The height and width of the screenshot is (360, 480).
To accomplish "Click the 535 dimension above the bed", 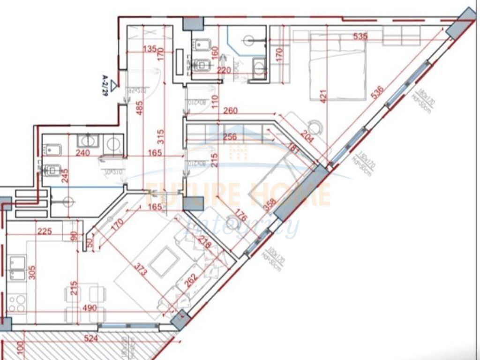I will pyautogui.click(x=360, y=36).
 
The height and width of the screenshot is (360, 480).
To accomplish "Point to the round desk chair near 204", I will pyautogui.click(x=317, y=127).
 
